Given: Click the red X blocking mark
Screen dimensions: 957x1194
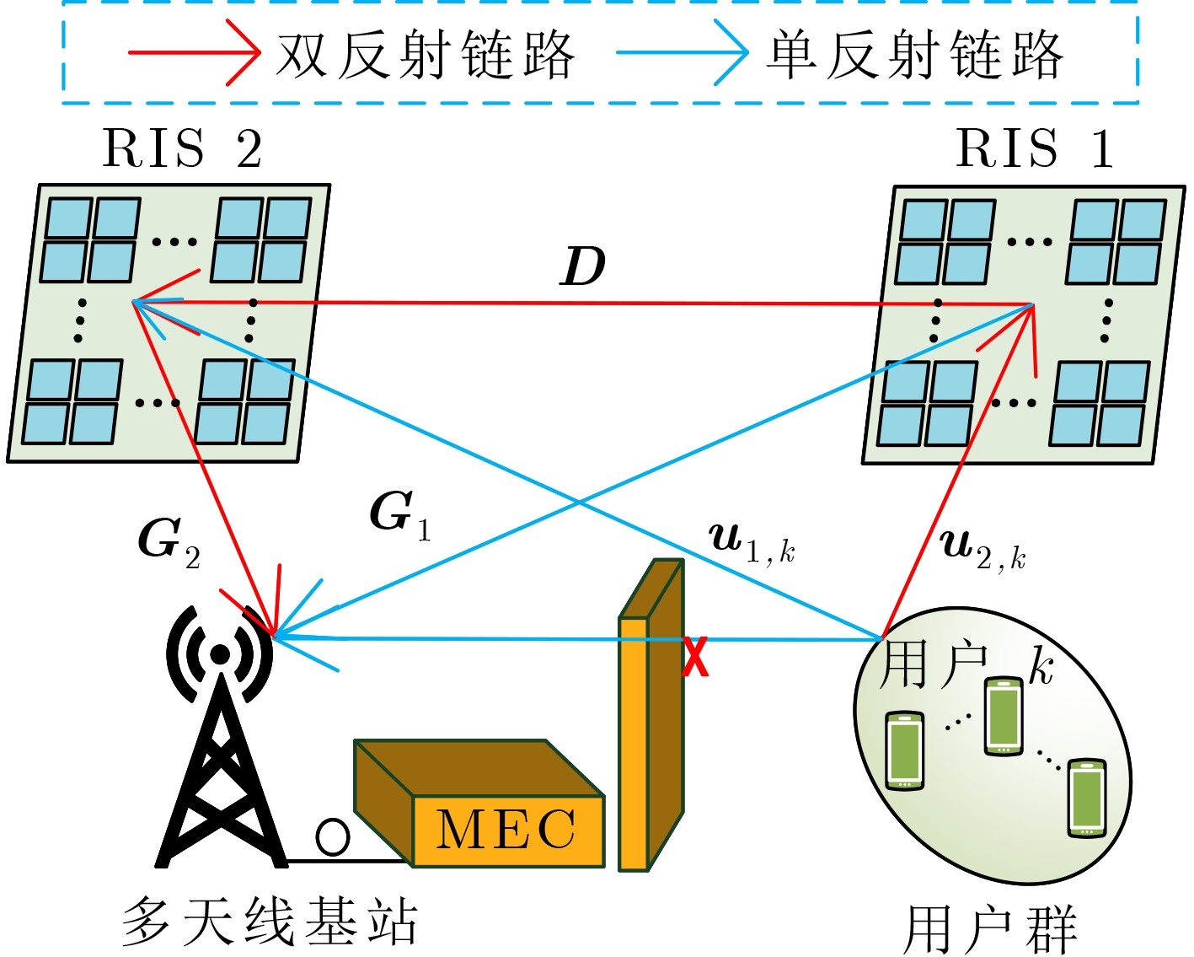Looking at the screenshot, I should click(x=695, y=658).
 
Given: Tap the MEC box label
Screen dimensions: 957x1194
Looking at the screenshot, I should click(x=506, y=830).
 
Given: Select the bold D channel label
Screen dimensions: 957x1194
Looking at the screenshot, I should click(x=583, y=267).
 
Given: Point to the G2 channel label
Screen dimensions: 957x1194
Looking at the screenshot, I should click(x=169, y=541).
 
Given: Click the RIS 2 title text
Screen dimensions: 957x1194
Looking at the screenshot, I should click(x=182, y=149).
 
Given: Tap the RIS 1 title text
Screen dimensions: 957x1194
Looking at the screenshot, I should click(x=1035, y=149).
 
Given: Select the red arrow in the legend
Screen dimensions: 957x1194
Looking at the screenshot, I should click(x=194, y=53).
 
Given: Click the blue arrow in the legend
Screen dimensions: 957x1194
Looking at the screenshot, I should click(x=682, y=53).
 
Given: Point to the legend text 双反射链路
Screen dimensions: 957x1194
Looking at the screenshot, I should click(x=426, y=55).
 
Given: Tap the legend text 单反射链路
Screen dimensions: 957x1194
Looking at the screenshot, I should click(x=914, y=55).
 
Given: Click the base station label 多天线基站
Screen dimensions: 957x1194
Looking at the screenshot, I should click(x=270, y=921).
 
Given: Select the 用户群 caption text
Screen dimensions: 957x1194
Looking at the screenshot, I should click(x=991, y=930).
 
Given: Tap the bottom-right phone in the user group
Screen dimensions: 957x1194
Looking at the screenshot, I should click(x=1086, y=797).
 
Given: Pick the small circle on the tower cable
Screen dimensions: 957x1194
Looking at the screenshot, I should click(x=333, y=836).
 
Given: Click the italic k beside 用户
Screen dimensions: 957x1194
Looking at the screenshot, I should click(x=1041, y=668).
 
